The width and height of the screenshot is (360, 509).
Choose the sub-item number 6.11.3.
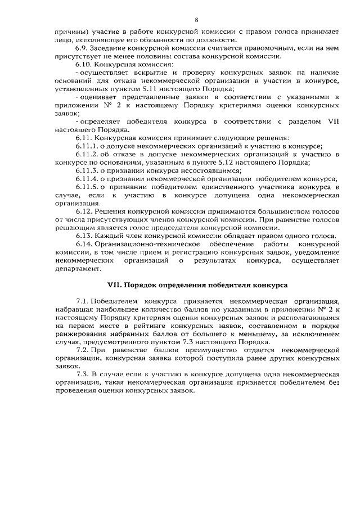point(86,170)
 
